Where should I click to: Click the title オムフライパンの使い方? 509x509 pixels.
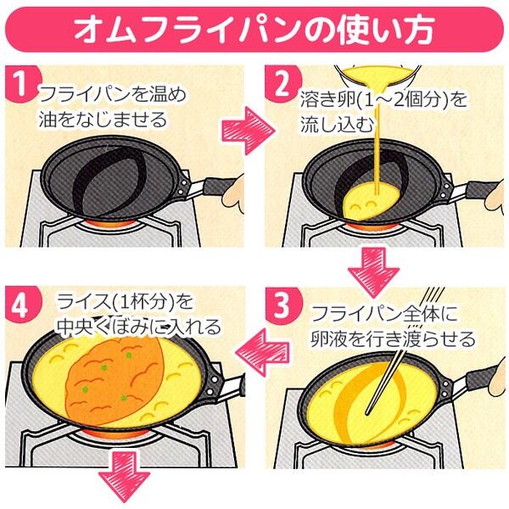(255, 28)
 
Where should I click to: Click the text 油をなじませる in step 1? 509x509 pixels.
(103, 120)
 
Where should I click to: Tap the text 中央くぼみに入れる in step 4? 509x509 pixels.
(139, 327)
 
